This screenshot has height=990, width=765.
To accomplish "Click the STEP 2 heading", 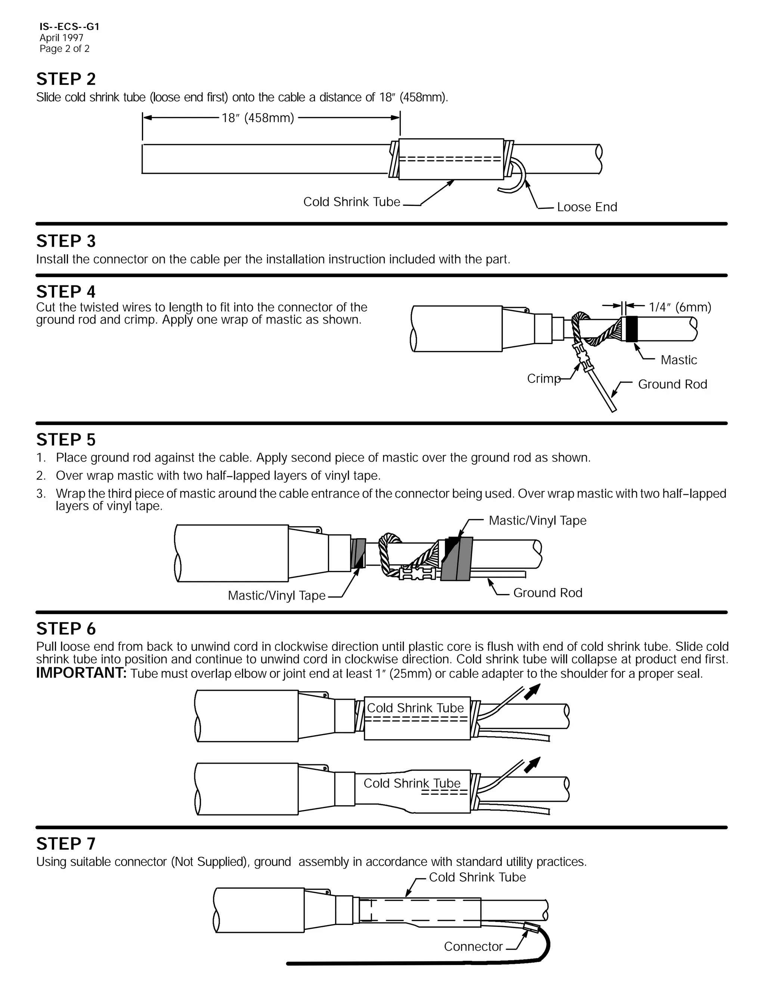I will click(x=66, y=79).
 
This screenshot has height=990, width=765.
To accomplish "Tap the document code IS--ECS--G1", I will click(x=69, y=27).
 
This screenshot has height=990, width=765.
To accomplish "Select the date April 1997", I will click(x=61, y=38).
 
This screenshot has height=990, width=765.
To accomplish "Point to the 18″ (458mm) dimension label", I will click(x=257, y=118).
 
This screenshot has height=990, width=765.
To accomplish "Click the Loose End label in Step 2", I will click(x=586, y=207).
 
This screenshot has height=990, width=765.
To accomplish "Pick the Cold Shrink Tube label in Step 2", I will click(x=351, y=202).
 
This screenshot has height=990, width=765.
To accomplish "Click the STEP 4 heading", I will click(x=66, y=291).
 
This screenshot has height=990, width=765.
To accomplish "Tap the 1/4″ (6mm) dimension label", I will click(x=679, y=307).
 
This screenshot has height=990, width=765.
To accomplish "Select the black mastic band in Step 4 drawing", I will click(x=632, y=329).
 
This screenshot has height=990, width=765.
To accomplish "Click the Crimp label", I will click(x=543, y=378).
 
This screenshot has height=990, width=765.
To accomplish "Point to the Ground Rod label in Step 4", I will click(x=672, y=384).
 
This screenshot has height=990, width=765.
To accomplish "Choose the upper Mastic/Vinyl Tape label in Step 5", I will click(x=537, y=520).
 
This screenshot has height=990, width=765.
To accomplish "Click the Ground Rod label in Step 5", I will click(x=548, y=593).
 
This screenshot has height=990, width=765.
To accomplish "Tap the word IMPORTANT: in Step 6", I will click(x=81, y=673).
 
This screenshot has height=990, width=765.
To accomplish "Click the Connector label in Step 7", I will click(x=473, y=947).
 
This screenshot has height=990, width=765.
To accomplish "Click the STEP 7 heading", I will click(x=66, y=844).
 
